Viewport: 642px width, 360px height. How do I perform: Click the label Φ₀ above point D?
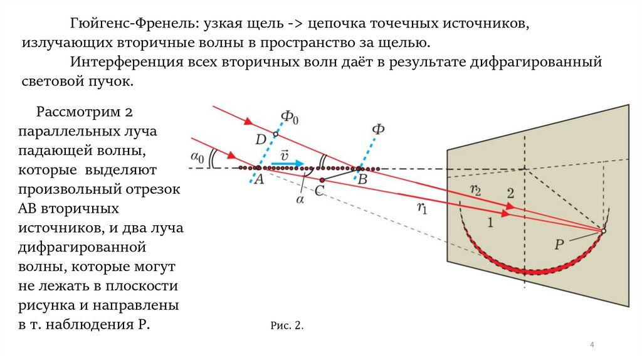(x=289, y=117)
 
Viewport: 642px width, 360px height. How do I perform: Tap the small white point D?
(x=275, y=134)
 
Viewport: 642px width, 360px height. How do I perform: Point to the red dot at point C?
(x=322, y=181)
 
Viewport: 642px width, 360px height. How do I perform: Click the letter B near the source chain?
(x=362, y=179)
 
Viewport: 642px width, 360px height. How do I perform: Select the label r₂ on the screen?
(x=475, y=190)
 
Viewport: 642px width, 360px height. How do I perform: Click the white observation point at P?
(x=603, y=231)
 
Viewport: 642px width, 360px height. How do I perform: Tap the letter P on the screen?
(x=559, y=245)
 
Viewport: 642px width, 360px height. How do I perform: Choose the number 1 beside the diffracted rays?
(x=490, y=221)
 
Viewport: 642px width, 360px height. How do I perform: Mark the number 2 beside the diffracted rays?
(x=510, y=193)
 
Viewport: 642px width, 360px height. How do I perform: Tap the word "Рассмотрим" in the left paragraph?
(x=77, y=113)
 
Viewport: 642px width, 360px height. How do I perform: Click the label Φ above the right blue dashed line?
(x=378, y=129)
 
